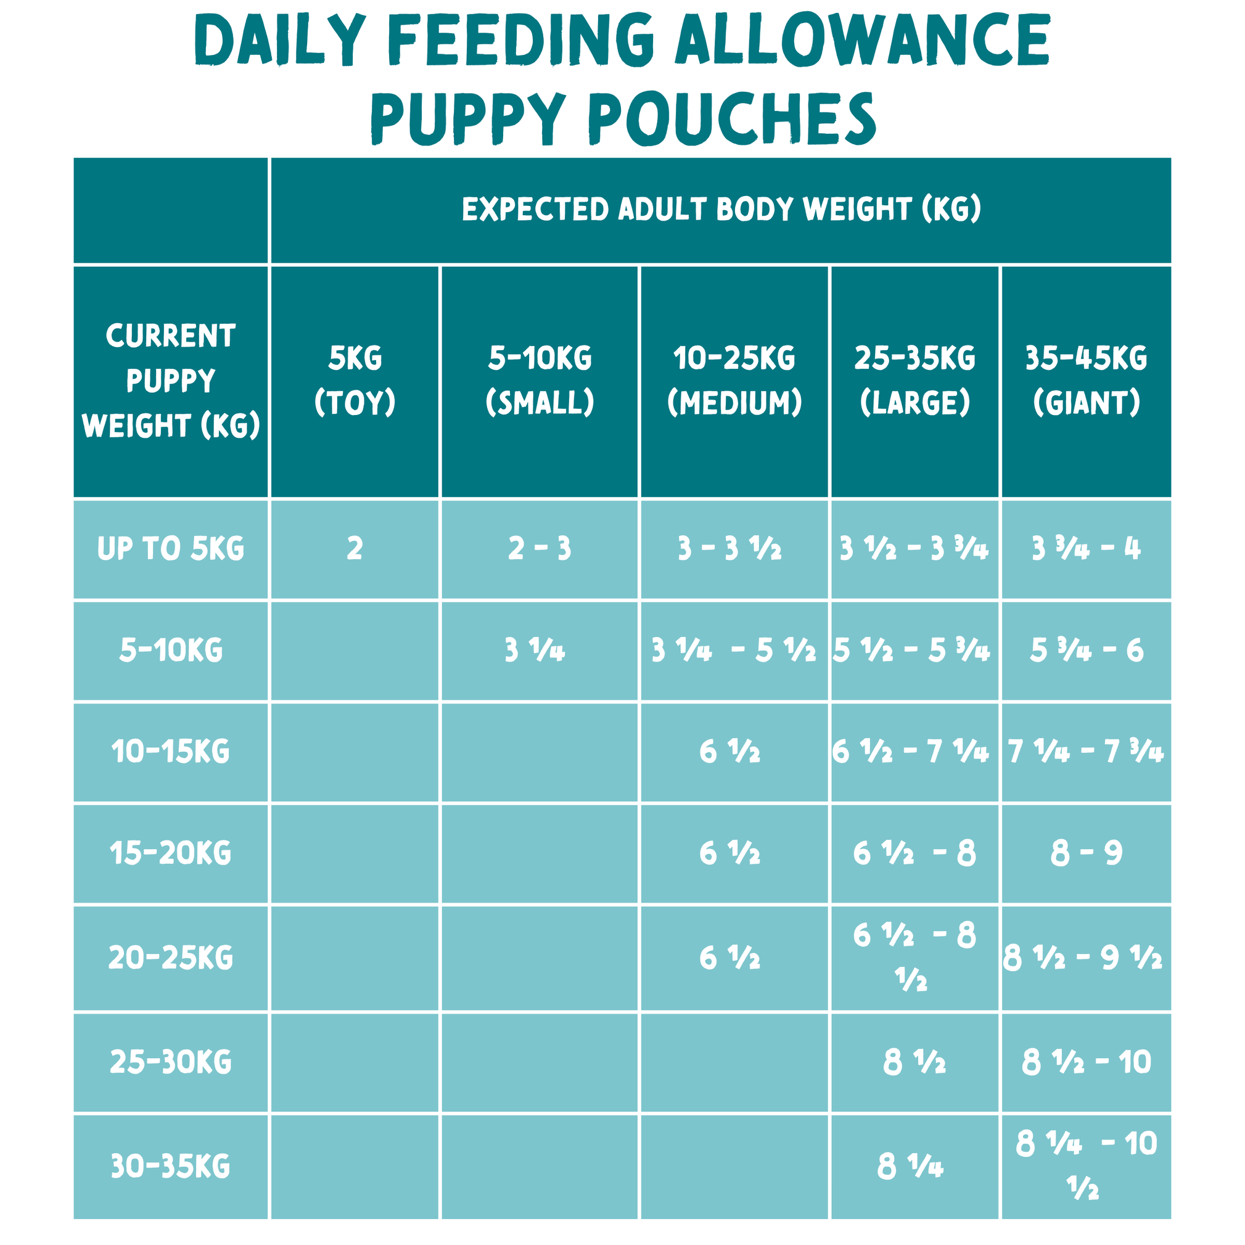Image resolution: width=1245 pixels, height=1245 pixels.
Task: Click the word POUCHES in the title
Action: click(x=733, y=119)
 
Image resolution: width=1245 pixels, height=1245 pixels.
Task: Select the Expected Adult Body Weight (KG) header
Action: click(x=721, y=210)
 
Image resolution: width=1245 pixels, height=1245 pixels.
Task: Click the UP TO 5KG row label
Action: click(x=170, y=549)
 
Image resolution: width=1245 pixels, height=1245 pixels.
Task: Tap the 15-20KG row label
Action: click(x=170, y=853)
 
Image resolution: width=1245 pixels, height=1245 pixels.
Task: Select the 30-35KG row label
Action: click(x=170, y=1167)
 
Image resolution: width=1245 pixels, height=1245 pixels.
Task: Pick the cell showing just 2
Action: click(x=355, y=549)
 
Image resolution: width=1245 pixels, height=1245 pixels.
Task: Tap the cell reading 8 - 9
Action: click(x=1087, y=853)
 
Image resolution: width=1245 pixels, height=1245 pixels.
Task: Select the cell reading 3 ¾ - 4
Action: click(x=1087, y=549)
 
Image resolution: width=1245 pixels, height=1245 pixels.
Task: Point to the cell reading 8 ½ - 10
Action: click(x=1087, y=1062)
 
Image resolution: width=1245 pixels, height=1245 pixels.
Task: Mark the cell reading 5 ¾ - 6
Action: click(x=1087, y=650)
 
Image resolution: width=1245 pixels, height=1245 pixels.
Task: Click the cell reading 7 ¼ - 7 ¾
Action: click(x=1087, y=752)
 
